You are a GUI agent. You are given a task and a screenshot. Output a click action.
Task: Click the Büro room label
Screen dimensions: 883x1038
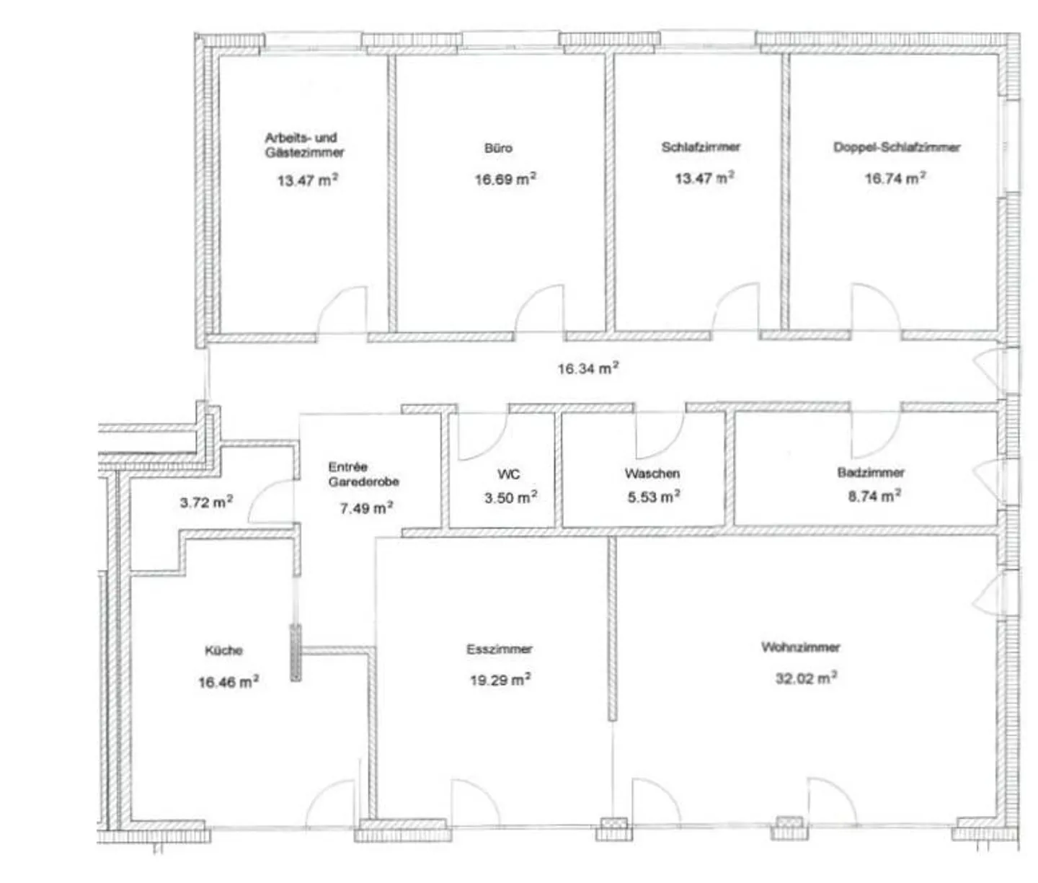click(x=498, y=148)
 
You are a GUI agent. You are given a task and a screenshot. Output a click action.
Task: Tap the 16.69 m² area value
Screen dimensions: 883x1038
click(x=505, y=179)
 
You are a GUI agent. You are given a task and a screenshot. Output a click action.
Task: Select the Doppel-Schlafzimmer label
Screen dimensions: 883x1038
click(x=897, y=147)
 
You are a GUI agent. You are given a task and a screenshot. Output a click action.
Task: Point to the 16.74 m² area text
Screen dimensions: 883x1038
click(x=895, y=178)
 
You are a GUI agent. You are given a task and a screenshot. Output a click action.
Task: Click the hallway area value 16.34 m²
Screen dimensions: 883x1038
click(x=587, y=368)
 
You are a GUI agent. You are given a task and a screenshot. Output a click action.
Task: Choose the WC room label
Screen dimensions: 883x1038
click(x=508, y=474)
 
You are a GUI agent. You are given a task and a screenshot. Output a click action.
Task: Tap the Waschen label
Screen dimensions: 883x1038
click(x=652, y=474)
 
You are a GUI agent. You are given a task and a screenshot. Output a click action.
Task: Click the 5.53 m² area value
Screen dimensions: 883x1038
click(x=654, y=497)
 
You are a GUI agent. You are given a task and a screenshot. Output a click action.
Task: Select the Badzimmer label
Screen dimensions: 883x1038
click(x=871, y=472)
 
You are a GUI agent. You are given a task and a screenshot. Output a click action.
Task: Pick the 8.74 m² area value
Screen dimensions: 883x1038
click(x=874, y=496)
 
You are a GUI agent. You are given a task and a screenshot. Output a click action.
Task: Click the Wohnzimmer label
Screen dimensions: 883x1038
click(x=800, y=647)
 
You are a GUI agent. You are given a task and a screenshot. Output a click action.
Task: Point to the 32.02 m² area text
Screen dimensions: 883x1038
click(x=805, y=678)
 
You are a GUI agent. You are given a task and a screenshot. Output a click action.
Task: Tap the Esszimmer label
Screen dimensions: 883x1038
click(x=499, y=649)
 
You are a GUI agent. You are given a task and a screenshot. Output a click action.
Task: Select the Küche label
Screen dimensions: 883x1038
click(x=223, y=650)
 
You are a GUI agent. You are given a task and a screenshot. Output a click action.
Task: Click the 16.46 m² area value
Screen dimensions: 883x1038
click(x=228, y=681)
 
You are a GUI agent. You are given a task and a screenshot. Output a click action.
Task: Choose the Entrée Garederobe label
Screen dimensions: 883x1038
click(x=363, y=474)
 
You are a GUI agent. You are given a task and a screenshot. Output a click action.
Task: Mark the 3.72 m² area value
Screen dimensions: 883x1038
click(x=206, y=502)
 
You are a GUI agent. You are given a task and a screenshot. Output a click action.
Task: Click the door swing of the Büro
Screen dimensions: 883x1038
click(x=539, y=310)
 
